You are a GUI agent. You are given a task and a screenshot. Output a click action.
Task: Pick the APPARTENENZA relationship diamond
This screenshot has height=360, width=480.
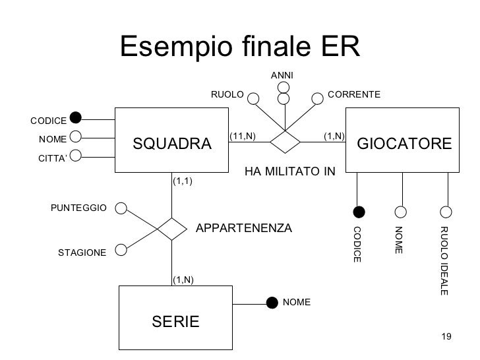point(171,229)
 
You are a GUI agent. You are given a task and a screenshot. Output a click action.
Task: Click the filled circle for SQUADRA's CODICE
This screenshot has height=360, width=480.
point(76,118)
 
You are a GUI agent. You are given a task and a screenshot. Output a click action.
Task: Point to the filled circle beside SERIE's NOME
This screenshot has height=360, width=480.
point(271,303)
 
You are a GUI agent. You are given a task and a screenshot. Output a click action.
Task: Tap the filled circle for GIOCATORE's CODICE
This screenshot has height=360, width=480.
point(358,212)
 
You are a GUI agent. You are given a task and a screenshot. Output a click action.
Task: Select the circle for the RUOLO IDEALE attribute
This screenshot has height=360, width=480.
point(446,212)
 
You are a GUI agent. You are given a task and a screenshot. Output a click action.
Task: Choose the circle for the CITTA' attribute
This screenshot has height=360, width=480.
point(76,156)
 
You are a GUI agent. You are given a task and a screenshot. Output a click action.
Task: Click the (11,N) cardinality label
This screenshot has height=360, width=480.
point(241,136)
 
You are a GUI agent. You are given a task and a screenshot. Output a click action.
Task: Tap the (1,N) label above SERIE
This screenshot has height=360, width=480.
point(183,280)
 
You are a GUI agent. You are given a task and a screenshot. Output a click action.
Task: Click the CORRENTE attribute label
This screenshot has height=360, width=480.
point(354,95)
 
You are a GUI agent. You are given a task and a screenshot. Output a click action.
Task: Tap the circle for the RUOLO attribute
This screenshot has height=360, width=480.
point(253,97)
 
